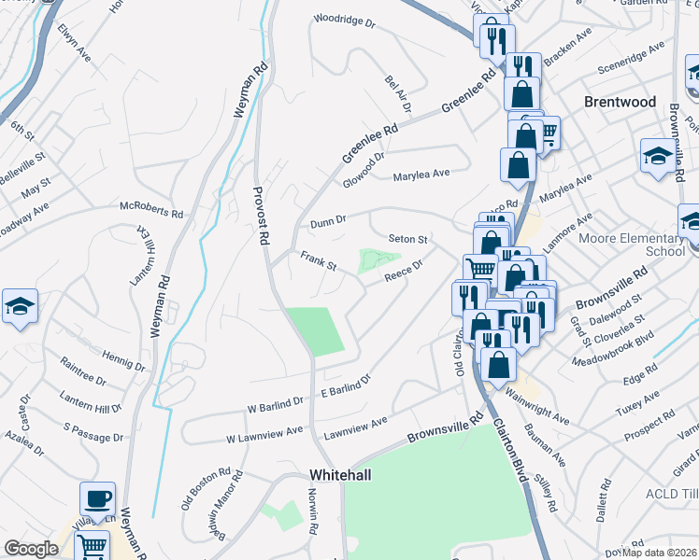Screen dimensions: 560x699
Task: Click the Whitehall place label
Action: (x=340, y=475)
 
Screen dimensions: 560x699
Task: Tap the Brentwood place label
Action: (x=620, y=101)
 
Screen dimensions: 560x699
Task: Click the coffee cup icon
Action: (x=97, y=498)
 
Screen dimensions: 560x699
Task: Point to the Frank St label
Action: (x=318, y=260)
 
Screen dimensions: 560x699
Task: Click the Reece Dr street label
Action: (x=404, y=269)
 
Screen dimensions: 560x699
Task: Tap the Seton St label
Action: (x=408, y=240)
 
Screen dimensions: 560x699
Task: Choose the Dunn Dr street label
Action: (x=328, y=221)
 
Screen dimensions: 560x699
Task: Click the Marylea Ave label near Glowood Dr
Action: (x=421, y=174)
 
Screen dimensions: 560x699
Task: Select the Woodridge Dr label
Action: (x=344, y=18)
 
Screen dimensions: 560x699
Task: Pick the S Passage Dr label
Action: (x=93, y=427)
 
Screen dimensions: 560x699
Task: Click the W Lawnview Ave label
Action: (x=265, y=435)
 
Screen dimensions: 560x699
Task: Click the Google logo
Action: (x=31, y=549)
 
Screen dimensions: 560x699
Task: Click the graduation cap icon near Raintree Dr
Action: (x=19, y=308)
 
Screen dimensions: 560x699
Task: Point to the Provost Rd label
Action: (x=262, y=216)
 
